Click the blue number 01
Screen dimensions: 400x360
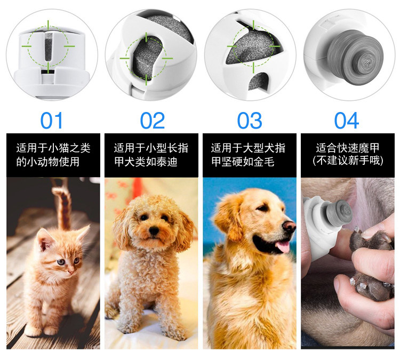(x=51, y=121)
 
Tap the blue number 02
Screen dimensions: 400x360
(x=153, y=121)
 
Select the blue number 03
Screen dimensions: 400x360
(x=250, y=121)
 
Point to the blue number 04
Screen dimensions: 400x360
(x=347, y=121)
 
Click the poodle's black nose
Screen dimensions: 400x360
(x=154, y=230)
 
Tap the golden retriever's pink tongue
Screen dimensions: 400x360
(x=282, y=246)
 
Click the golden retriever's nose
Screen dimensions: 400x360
(x=290, y=226)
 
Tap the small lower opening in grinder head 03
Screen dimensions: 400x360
(x=258, y=82)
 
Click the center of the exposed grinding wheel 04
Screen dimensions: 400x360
(x=367, y=62)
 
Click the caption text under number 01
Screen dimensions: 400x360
(x=53, y=155)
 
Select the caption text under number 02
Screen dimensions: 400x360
(x=151, y=155)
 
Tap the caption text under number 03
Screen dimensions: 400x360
(x=248, y=155)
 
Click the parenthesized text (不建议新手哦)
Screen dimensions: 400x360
(x=348, y=161)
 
